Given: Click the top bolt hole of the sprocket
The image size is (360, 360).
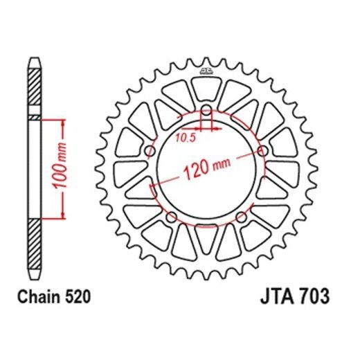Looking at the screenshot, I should [x=206, y=111].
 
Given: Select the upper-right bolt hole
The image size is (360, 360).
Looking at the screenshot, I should [x=262, y=151].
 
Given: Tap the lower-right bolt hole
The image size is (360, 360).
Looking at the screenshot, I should [x=240, y=217].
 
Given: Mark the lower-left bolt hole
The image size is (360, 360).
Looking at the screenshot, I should [x=173, y=217].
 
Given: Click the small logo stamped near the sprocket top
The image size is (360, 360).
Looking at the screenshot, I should [x=206, y=69].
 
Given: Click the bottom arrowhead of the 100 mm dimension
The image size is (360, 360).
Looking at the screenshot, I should [x=64, y=215].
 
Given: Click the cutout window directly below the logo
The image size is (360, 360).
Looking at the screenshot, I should [x=206, y=89].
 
